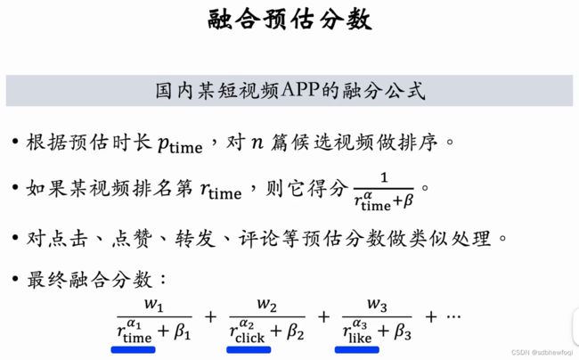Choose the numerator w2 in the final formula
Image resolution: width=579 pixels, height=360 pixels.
point(266,307)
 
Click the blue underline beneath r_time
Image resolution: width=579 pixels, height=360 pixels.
point(133,350)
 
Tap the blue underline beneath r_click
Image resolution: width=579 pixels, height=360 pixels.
point(249,350)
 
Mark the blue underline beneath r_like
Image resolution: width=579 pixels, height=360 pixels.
point(357,350)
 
